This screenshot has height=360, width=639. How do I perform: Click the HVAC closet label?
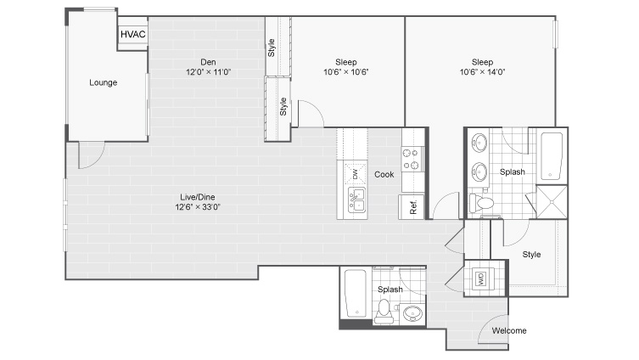133,34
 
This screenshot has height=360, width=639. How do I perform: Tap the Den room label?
208,62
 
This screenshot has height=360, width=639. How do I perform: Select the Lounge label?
103,82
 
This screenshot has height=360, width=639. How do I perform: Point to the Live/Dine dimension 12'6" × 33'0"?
198,206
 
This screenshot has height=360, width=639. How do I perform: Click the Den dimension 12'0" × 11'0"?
208,72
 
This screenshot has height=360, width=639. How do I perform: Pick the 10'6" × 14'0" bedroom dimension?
483,72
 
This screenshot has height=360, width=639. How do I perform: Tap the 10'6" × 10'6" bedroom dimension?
346,72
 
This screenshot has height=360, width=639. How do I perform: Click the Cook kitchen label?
384,175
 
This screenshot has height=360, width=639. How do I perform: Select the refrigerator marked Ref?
412,206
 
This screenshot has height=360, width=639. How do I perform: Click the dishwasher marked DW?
354,174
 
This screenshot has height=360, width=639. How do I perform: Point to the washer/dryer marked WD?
481,279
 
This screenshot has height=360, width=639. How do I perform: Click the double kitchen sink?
356,200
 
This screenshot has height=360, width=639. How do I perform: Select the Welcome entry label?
509,330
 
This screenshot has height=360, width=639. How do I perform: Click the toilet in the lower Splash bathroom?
384,311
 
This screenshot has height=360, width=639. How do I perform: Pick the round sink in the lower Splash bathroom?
412,313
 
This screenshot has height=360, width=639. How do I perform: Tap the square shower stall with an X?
552,202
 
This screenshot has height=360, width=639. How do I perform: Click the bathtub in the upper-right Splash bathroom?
552,156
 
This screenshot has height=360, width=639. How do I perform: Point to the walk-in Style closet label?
531,255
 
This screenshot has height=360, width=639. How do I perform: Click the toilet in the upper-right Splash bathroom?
481,203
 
